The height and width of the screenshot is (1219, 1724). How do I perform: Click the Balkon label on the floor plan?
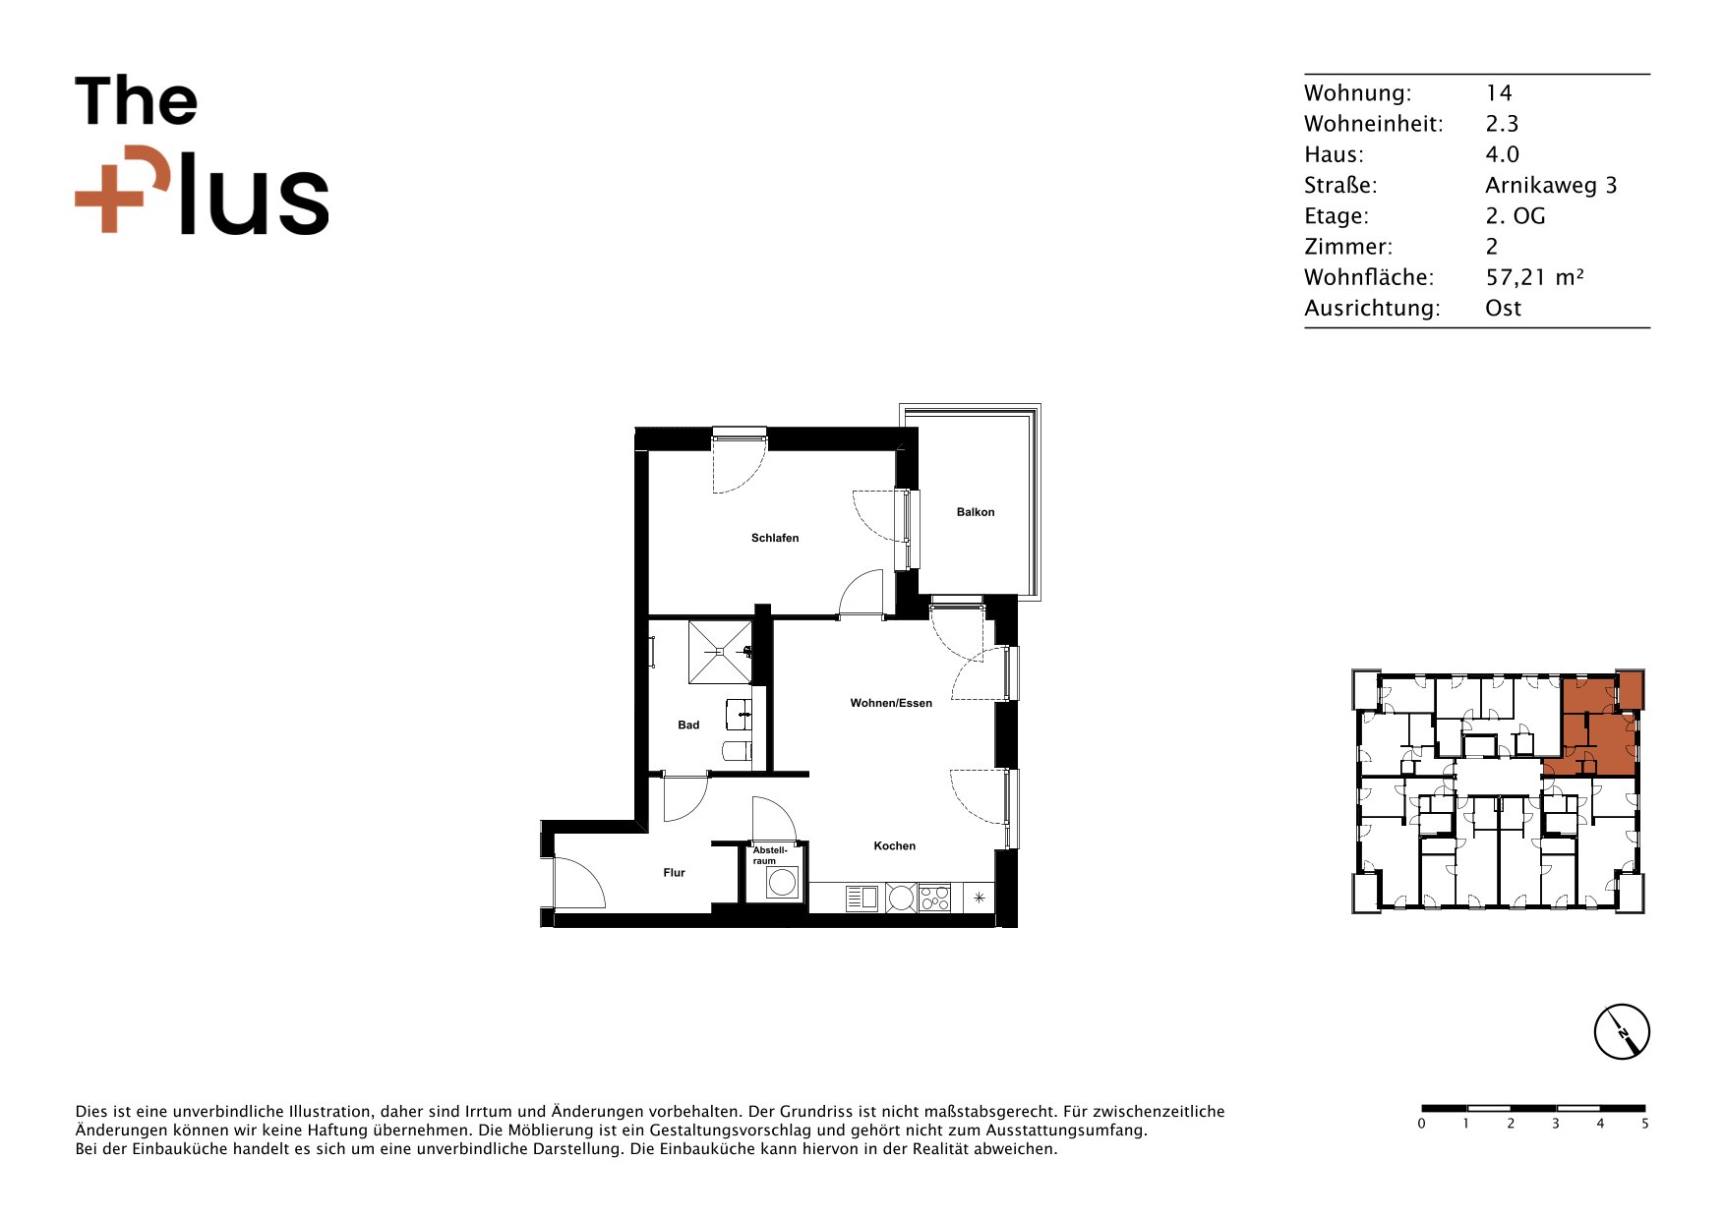tap(976, 512)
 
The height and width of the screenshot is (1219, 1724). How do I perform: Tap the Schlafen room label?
tap(775, 538)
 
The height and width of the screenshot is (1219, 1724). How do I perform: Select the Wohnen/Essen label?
tap(891, 703)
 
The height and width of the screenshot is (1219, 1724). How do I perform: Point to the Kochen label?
tap(895, 845)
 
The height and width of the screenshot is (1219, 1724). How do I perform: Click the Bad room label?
tap(688, 726)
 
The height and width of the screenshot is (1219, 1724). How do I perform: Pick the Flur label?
tap(674, 873)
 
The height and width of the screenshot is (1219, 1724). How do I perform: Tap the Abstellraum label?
tap(770, 855)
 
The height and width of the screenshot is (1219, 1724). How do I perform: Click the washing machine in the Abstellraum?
tap(782, 883)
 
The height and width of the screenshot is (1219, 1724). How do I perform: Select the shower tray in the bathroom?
tap(720, 651)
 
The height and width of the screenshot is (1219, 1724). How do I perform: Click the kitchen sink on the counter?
tap(862, 898)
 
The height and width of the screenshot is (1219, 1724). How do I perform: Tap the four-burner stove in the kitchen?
tap(934, 898)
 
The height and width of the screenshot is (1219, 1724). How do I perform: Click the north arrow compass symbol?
tap(1622, 1032)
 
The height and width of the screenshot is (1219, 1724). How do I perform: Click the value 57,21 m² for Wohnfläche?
tap(1534, 278)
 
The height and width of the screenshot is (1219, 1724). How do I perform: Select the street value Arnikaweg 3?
tap(1551, 186)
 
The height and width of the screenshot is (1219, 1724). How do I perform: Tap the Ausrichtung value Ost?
tap(1503, 309)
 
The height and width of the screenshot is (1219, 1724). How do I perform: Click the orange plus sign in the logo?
tap(109, 198)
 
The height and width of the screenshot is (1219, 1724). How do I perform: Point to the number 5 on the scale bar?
tap(1644, 1124)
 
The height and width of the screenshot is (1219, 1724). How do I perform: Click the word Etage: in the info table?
tap(1337, 216)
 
